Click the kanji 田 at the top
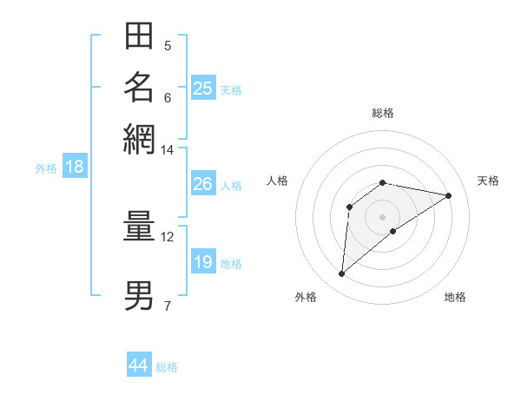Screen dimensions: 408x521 [x=139, y=37]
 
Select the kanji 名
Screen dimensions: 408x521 [x=139, y=87]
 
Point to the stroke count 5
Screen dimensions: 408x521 [x=168, y=46]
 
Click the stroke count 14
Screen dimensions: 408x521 [x=167, y=150]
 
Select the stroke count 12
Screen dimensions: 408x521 [x=167, y=236]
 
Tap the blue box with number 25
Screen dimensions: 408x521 [x=203, y=88]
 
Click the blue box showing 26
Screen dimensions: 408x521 [x=202, y=184]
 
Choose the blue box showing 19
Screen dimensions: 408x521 [x=202, y=262]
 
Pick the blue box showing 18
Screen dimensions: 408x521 [x=75, y=167]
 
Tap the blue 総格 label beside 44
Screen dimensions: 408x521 [x=167, y=367]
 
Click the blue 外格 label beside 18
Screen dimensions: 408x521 [x=46, y=168]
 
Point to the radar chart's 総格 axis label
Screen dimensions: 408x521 [x=383, y=113]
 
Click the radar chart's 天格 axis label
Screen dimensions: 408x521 [x=488, y=181]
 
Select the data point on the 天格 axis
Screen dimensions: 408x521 [x=449, y=195]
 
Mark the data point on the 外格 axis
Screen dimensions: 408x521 [x=341, y=274]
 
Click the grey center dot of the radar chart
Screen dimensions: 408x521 [x=383, y=216]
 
